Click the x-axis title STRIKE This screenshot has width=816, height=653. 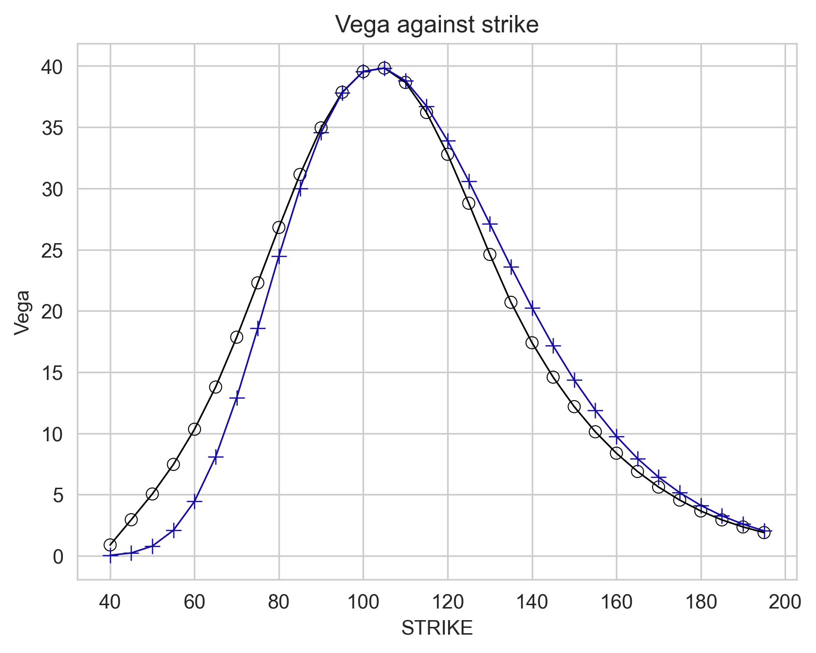click(x=437, y=628)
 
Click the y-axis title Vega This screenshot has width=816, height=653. click(x=22, y=312)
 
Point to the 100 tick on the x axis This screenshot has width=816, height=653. click(x=363, y=602)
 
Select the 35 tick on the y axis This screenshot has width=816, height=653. click(x=52, y=128)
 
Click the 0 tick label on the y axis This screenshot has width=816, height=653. click(x=58, y=557)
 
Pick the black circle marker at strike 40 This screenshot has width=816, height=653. click(x=110, y=545)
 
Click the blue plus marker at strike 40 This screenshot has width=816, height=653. click(x=110, y=556)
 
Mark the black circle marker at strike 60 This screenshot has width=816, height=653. click(x=194, y=429)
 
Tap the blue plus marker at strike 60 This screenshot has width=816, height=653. click(x=194, y=501)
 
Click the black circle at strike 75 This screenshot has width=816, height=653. click(x=258, y=283)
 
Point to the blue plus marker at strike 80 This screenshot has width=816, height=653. click(x=279, y=256)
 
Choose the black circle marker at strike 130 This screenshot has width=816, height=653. click(x=490, y=254)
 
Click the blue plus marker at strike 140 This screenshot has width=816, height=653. click(x=532, y=308)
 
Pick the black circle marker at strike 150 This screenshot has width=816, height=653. click(x=574, y=406)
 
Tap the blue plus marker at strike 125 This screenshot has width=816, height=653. click(x=469, y=181)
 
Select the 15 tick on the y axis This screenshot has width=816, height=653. click(x=52, y=373)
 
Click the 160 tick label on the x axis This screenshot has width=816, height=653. click(x=616, y=602)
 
